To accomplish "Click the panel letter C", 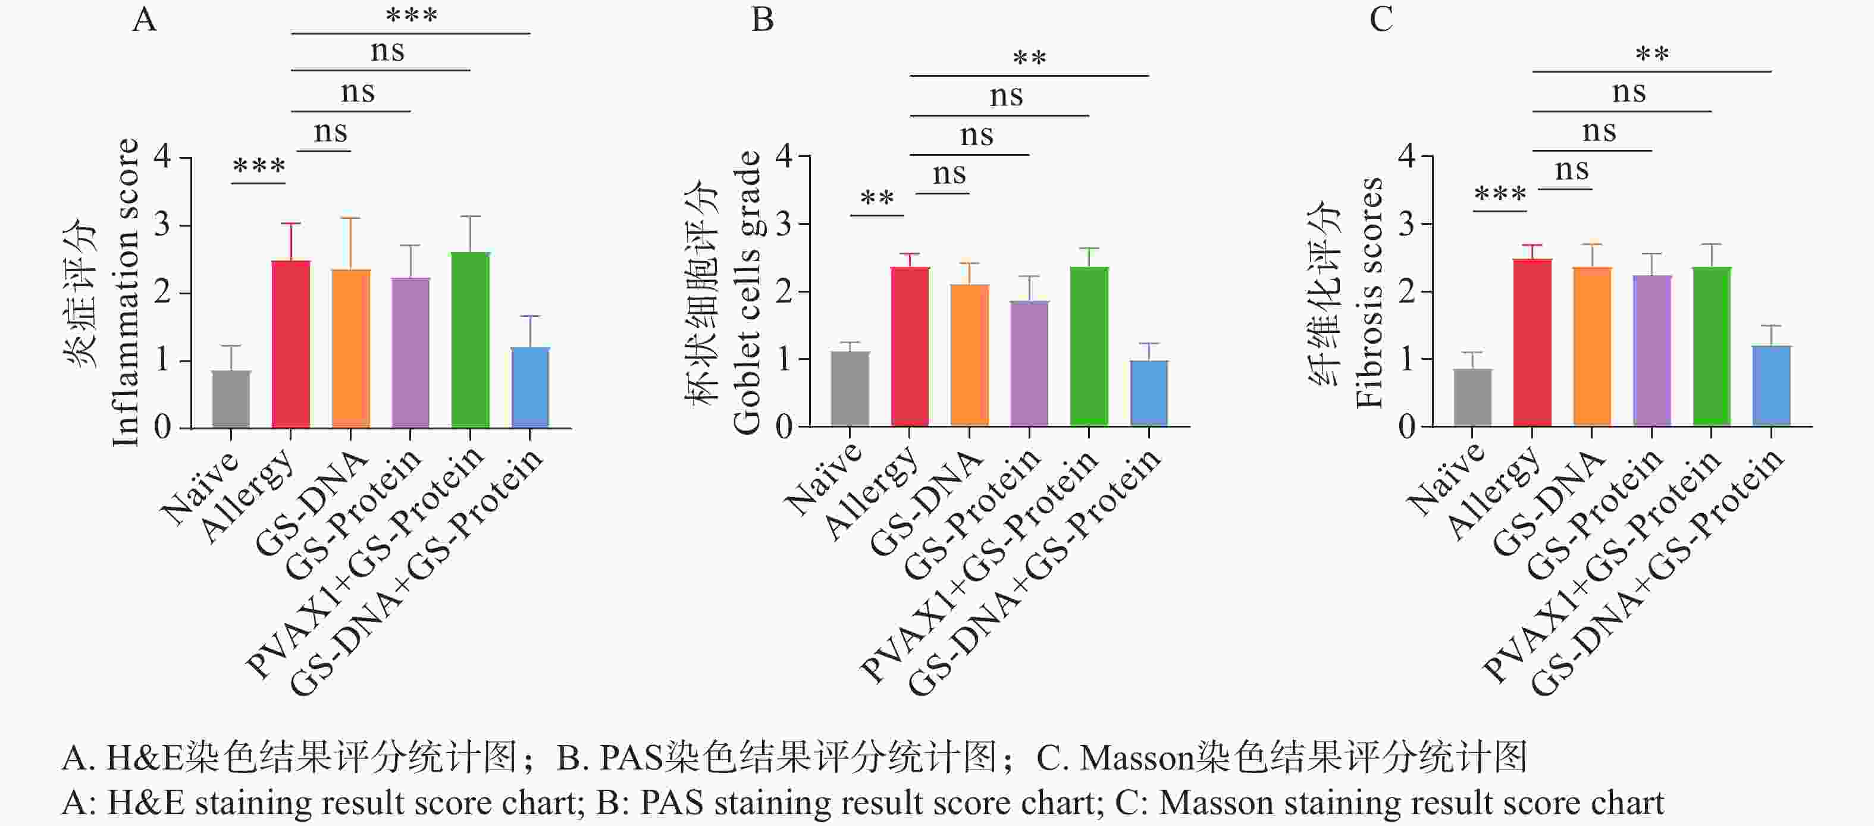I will point(1380,20).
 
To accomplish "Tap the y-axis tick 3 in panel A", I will point(162,225).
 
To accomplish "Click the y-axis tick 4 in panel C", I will point(1407,156).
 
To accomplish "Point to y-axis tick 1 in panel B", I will point(784,359).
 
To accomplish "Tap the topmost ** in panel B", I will point(1029,58).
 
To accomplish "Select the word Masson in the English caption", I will point(1215,803).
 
